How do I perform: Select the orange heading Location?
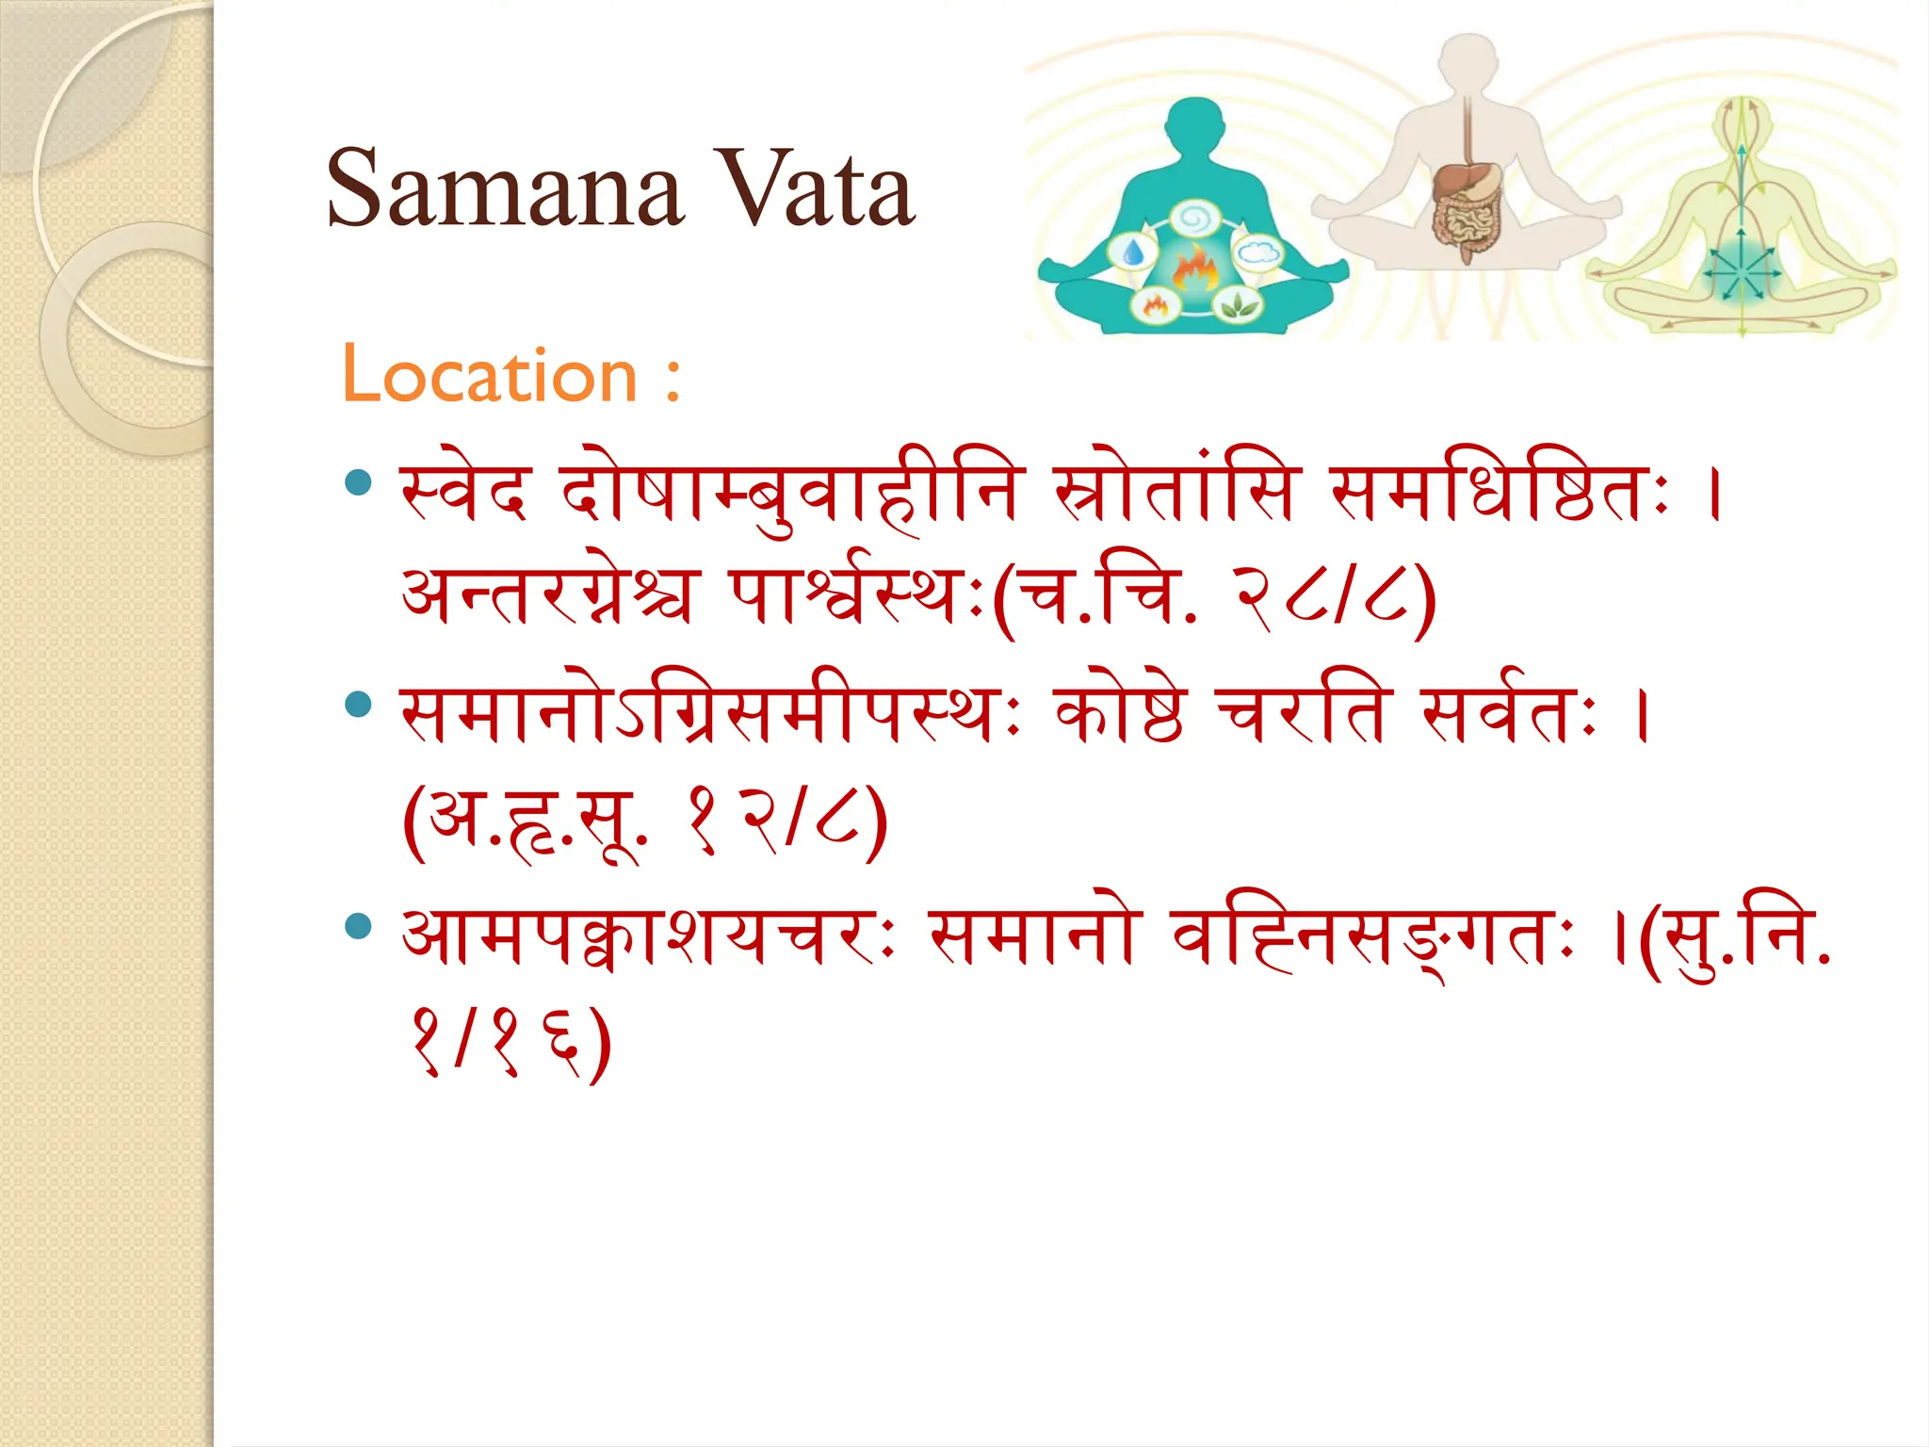(490, 375)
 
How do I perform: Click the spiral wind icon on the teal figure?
(1195, 219)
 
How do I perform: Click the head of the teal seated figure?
(1195, 127)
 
